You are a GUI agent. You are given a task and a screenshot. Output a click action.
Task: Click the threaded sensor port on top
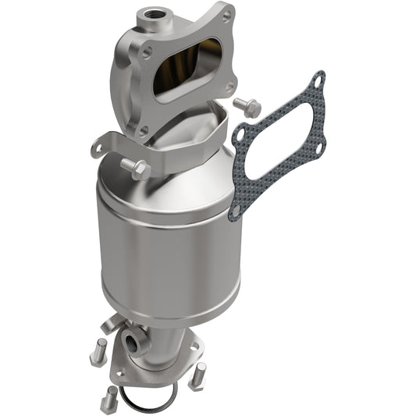tap(146, 15)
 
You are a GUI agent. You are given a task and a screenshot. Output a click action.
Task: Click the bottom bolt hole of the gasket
tap(235, 210)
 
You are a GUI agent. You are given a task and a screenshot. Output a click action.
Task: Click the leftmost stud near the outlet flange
tap(98, 350)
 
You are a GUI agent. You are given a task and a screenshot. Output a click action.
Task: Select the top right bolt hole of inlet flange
tap(226, 13)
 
